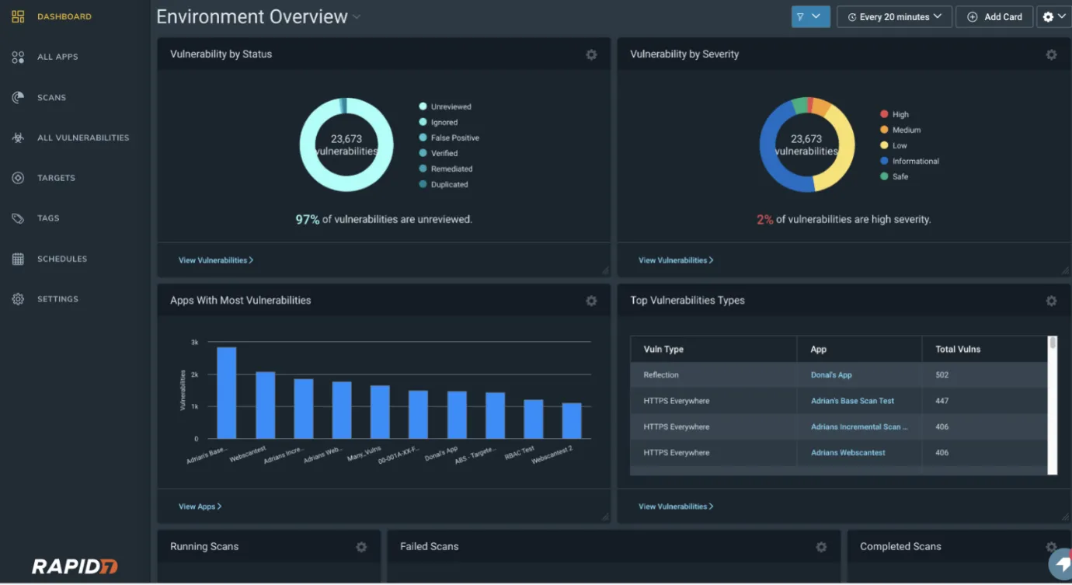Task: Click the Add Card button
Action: pyautogui.click(x=994, y=17)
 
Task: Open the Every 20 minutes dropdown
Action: pyautogui.click(x=894, y=17)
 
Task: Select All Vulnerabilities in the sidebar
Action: pyautogui.click(x=82, y=138)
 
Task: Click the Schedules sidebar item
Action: pyautogui.click(x=61, y=259)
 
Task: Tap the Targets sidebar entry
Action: pyautogui.click(x=56, y=178)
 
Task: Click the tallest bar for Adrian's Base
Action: pyautogui.click(x=226, y=392)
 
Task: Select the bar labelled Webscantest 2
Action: pyautogui.click(x=572, y=420)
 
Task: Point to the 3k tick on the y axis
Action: pyautogui.click(x=194, y=342)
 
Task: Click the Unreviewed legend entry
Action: pyautogui.click(x=451, y=106)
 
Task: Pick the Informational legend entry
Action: pyautogui.click(x=915, y=161)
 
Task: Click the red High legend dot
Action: pyautogui.click(x=884, y=114)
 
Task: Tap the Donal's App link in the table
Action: pyautogui.click(x=831, y=374)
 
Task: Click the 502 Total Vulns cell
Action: pyautogui.click(x=942, y=374)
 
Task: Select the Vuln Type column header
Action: pyautogui.click(x=663, y=349)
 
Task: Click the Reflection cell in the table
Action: pyautogui.click(x=661, y=374)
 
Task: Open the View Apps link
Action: pyautogui.click(x=200, y=507)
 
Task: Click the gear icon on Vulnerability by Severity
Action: pyautogui.click(x=1051, y=54)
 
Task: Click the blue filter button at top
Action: pyautogui.click(x=810, y=16)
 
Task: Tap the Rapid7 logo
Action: pyautogui.click(x=75, y=566)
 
